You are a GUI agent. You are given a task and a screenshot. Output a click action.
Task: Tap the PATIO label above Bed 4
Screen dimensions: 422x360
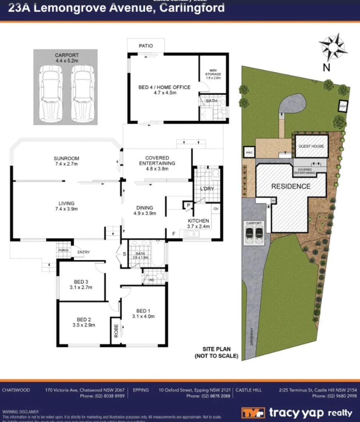tap(146, 46)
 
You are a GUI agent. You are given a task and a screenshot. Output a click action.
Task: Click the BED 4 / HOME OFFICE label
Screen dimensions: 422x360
tap(164, 87)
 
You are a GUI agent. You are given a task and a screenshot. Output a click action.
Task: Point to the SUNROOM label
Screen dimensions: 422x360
tap(66, 158)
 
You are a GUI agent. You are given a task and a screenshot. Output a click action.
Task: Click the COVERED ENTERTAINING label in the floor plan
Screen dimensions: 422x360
tap(157, 160)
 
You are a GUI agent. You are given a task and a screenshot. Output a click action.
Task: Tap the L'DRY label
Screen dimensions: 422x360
tap(207, 189)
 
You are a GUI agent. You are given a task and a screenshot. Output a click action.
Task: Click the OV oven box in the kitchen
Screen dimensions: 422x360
tap(216, 209)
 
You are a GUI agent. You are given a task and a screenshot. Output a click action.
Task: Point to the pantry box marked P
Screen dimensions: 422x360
tap(188, 205)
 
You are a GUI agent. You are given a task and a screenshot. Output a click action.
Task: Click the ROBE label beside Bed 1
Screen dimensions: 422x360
tap(116, 330)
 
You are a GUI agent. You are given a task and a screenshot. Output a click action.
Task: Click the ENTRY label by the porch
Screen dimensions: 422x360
tap(83, 252)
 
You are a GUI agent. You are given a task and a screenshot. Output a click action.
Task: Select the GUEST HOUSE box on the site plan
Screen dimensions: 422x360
tap(311, 146)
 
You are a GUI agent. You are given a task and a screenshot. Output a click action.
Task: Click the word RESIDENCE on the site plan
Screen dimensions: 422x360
tap(290, 186)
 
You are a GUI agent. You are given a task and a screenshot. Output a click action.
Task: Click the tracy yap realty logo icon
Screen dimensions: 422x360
tap(253, 413)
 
